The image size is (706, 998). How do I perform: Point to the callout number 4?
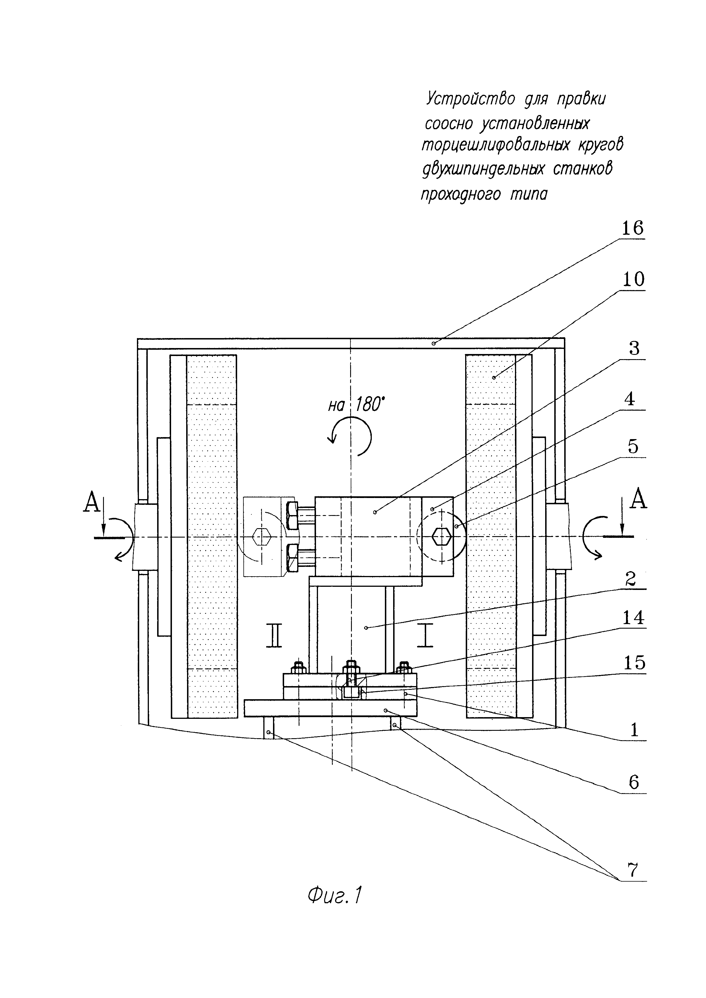pos(634,399)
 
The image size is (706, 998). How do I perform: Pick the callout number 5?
pos(633,446)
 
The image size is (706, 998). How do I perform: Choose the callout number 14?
pos(633,617)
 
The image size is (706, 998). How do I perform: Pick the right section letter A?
pos(638,499)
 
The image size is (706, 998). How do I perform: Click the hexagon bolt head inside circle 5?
pos(442,537)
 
